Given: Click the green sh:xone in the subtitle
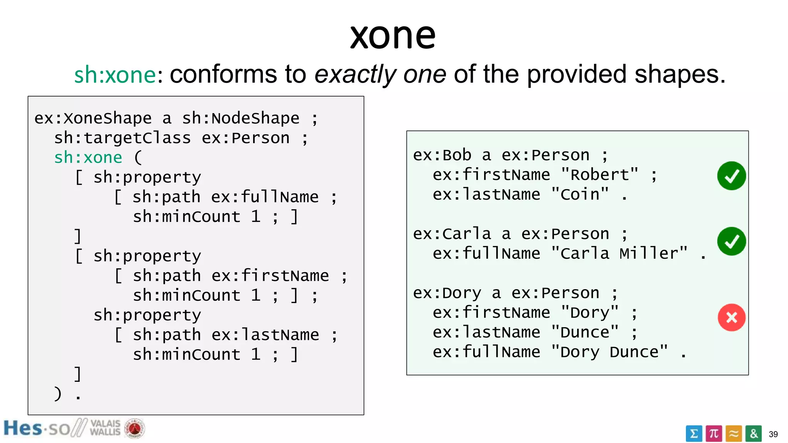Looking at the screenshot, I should click(x=115, y=75).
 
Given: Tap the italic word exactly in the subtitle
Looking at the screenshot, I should click(x=355, y=75).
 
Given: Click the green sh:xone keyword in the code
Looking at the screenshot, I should click(x=88, y=158).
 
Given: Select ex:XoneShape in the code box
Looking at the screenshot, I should click(x=93, y=118).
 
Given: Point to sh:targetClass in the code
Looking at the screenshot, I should click(x=122, y=138).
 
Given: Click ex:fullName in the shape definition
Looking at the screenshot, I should click(x=265, y=197).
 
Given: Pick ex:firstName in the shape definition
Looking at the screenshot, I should click(x=270, y=276).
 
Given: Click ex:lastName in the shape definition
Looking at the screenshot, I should click(x=265, y=335).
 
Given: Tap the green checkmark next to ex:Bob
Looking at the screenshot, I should click(x=731, y=176).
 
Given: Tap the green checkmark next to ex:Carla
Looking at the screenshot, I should click(x=731, y=241).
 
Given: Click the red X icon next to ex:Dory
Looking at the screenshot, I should click(x=731, y=318).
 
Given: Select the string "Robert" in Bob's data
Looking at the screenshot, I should click(x=599, y=175).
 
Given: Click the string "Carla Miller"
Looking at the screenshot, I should click(x=619, y=253).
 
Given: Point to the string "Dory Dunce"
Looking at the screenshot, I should click(x=609, y=352).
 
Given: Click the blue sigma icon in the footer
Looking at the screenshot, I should click(x=694, y=434).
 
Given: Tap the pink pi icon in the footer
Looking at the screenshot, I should click(x=714, y=434).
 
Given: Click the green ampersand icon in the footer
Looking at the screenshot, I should click(x=753, y=434).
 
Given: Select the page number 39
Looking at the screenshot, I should click(x=773, y=435).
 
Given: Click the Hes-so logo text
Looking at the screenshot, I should click(x=37, y=428).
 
